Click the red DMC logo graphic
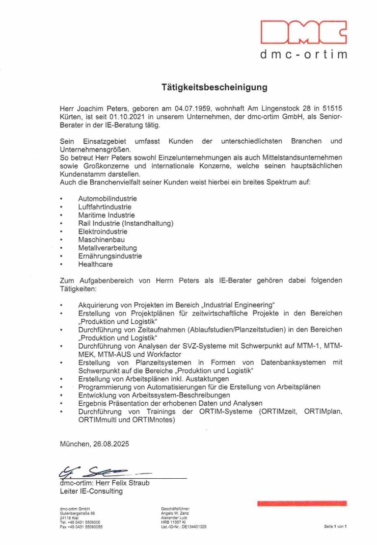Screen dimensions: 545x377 click(x=303, y=33)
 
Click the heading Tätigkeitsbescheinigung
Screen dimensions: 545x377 click(x=215, y=88)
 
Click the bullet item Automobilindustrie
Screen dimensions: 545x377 click(x=108, y=199)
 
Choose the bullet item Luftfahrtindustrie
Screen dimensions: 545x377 click(x=105, y=207)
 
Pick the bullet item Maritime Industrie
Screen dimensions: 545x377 click(x=106, y=215)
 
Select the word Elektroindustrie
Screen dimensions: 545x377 click(x=103, y=232)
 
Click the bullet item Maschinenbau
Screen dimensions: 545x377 click(x=101, y=240)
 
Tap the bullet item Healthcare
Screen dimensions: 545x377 click(x=95, y=264)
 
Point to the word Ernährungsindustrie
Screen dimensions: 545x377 click(x=110, y=256)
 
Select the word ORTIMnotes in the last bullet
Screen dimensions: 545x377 click(x=153, y=420)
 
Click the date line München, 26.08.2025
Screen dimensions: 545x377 click(x=94, y=444)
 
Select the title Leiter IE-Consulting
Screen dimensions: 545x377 click(x=91, y=491)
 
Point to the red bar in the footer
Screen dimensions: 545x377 click(x=302, y=503)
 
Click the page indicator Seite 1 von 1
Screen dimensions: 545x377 click(x=335, y=527)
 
